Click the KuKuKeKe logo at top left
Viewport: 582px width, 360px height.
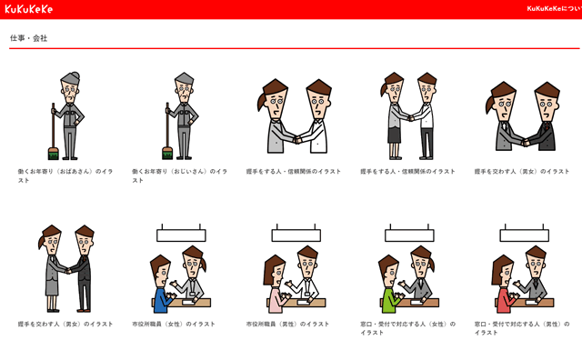29,9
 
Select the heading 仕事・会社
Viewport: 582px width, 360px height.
28,38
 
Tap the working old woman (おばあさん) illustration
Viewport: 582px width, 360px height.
65,116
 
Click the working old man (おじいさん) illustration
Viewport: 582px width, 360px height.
180,116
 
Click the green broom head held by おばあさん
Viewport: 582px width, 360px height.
53,153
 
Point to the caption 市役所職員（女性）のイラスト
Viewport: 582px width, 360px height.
174,324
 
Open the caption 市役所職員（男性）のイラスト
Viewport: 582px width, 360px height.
287,324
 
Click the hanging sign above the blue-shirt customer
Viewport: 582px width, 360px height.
181,235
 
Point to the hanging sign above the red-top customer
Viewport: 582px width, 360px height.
524,235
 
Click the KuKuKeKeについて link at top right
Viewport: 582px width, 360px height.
554,9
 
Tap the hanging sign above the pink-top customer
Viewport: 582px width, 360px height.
296,235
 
